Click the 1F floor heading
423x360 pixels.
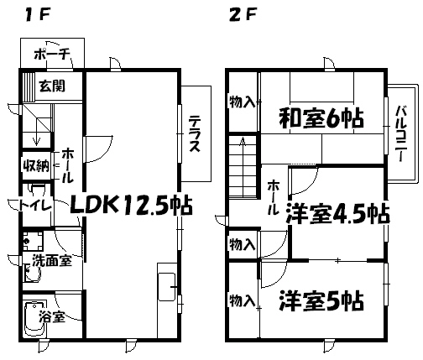point(37,15)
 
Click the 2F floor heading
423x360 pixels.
point(243,15)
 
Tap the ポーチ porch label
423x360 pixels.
point(52,55)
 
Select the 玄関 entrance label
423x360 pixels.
point(52,86)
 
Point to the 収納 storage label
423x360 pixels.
point(36,166)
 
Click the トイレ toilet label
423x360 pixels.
point(35,206)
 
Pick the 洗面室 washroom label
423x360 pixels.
point(52,261)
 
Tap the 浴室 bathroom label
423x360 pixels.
point(52,317)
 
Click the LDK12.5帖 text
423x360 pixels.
point(131,206)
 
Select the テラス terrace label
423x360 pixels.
point(195,133)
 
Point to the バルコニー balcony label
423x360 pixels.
point(400,133)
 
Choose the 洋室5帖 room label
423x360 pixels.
point(321,300)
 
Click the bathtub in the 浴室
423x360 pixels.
point(35,319)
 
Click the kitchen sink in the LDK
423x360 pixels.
point(167,287)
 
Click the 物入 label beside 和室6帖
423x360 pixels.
point(243,102)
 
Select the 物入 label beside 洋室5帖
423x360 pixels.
point(243,300)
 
